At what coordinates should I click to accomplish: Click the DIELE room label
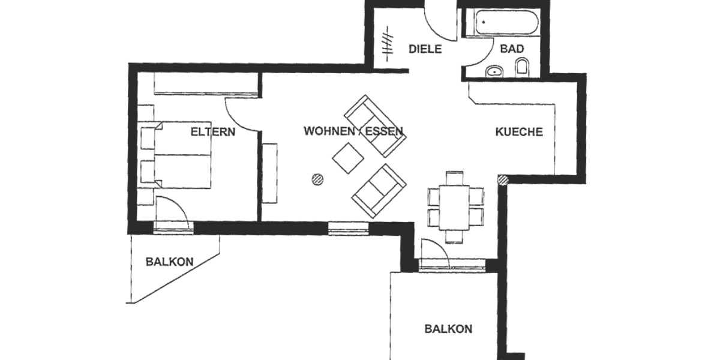(425, 49)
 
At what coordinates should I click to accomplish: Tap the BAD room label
(512, 49)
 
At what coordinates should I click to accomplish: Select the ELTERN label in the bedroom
(212, 132)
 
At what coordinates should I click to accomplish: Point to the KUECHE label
(519, 132)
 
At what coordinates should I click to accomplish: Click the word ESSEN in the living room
(385, 131)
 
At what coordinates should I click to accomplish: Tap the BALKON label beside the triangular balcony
(169, 262)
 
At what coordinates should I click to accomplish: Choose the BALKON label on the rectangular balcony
(448, 329)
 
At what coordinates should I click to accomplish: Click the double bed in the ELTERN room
(180, 155)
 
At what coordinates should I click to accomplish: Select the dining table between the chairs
(454, 208)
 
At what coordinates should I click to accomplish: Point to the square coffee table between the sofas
(348, 158)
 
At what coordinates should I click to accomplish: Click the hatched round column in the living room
(317, 178)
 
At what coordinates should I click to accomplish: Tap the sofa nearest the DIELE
(375, 125)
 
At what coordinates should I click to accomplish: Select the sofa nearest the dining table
(379, 191)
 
